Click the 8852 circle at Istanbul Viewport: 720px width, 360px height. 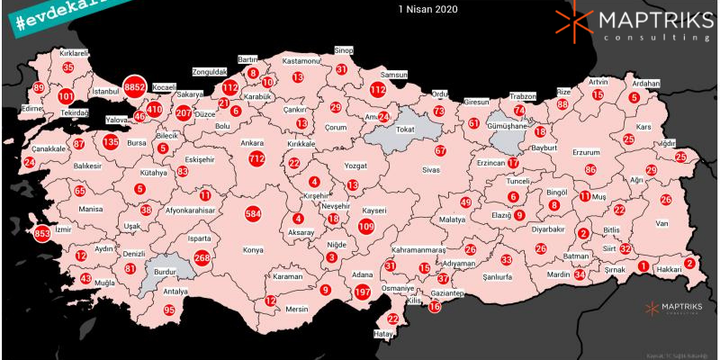pos(135,86)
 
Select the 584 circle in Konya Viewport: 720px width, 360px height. pos(253,214)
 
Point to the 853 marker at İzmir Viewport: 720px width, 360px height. pos(41,233)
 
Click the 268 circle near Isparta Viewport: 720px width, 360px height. pos(202,258)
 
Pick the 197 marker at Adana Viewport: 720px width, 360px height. pos(363,292)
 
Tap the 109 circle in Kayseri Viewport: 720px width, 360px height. pos(366,227)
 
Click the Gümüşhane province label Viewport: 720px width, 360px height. pos(506,129)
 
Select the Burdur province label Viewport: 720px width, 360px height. pos(166,268)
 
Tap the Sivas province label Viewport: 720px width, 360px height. pos(434,169)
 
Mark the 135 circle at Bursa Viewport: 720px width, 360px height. pos(111,142)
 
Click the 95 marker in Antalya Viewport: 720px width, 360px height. pos(169,310)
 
